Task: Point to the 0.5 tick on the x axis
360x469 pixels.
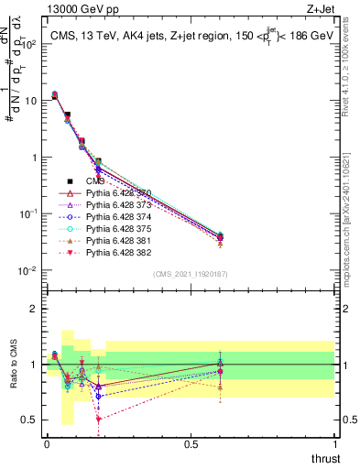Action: pyautogui.click(x=191, y=443)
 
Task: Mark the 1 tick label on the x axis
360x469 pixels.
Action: pyautogui.click(x=334, y=443)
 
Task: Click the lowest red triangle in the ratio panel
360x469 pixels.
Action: pyautogui.click(x=98, y=419)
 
